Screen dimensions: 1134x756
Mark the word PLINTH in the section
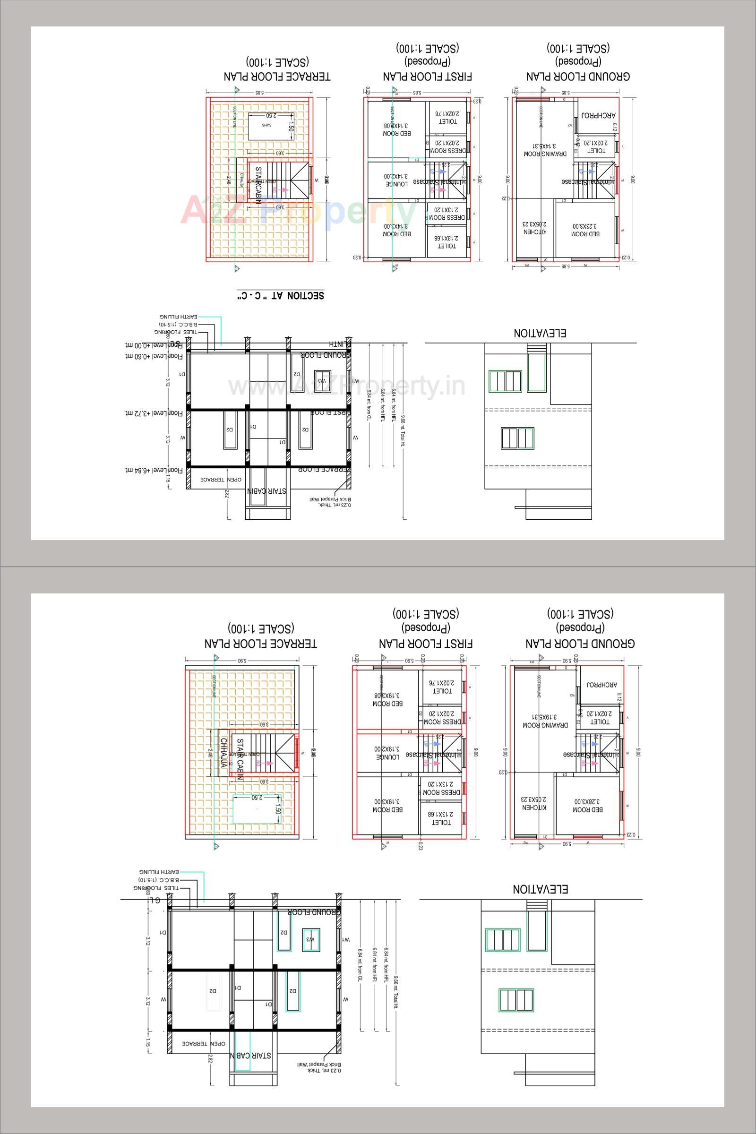[340, 344]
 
